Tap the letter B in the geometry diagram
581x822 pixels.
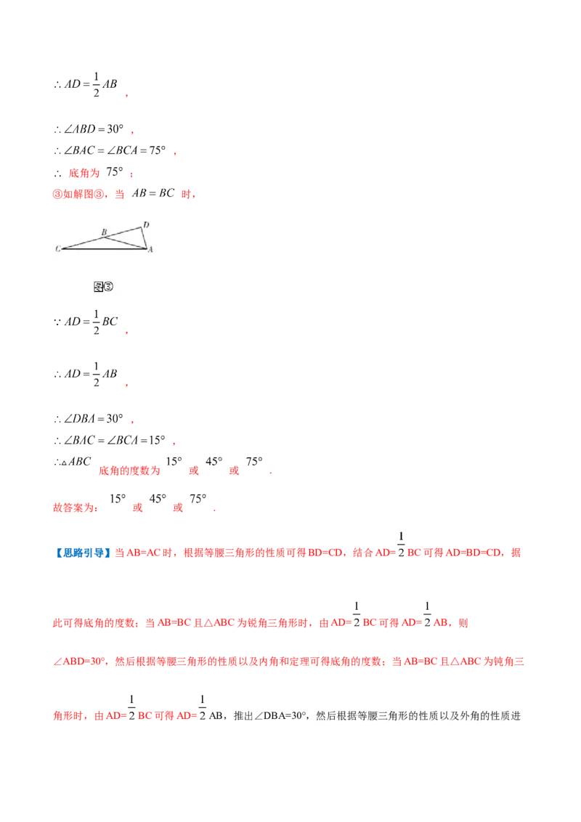coord(104,232)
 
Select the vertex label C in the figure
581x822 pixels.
coord(57,249)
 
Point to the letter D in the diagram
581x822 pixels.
coord(146,224)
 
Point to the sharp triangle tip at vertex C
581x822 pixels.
coord(63,249)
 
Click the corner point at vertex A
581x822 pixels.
coord(146,248)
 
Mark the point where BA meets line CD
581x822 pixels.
coord(107,236)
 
